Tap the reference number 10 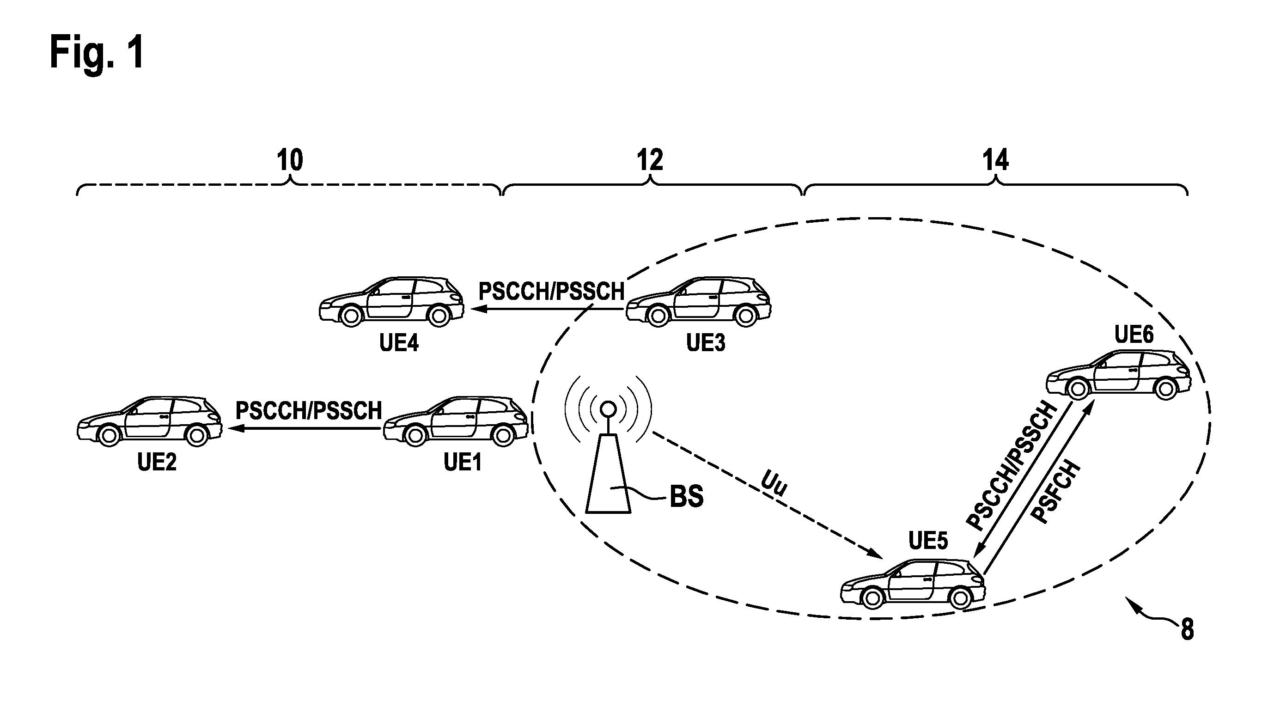pyautogui.click(x=289, y=160)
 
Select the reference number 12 pyautogui.click(x=650, y=160)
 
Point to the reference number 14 pyautogui.click(x=995, y=160)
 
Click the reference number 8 pyautogui.click(x=1187, y=629)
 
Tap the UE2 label pyautogui.click(x=157, y=462)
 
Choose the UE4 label pyautogui.click(x=399, y=342)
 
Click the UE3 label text pyautogui.click(x=706, y=342)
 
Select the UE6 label pyautogui.click(x=1134, y=335)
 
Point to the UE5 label pyautogui.click(x=928, y=541)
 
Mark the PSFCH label pyautogui.click(x=1056, y=492)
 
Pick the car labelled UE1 pyautogui.click(x=456, y=421)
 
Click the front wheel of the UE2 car pyautogui.click(x=109, y=435)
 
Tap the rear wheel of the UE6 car pyautogui.click(x=1165, y=389)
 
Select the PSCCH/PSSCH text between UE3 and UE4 pyautogui.click(x=551, y=291)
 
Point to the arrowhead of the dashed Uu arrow pyautogui.click(x=874, y=553)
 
